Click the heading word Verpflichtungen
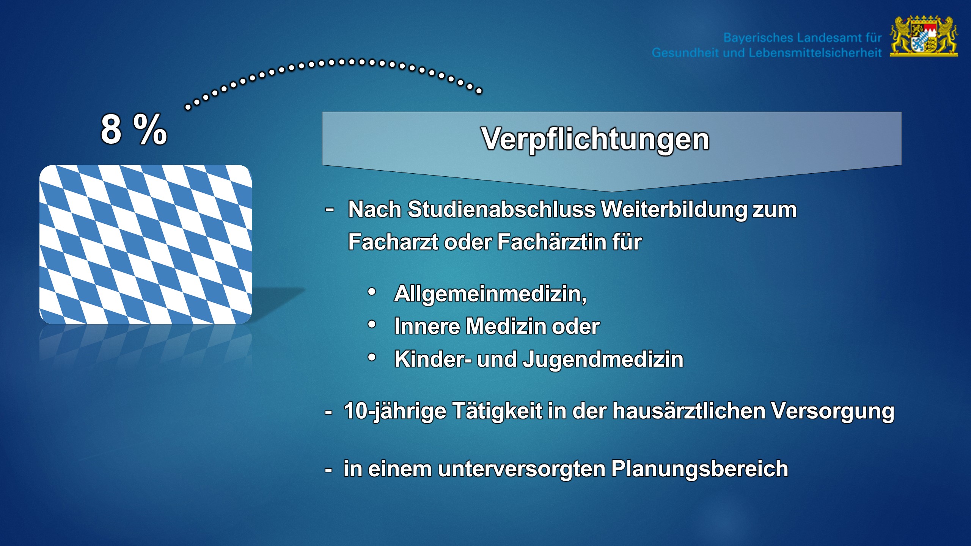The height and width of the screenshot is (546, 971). tap(595, 139)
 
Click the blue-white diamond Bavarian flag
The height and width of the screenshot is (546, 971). tap(146, 245)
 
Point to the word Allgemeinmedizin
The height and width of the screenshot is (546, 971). tap(490, 293)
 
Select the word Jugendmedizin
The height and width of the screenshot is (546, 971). tap(603, 359)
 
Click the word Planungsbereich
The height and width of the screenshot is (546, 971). tap(700, 469)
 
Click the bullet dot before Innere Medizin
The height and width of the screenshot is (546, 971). tap(372, 325)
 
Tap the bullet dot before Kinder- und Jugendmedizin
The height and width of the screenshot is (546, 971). tap(372, 357)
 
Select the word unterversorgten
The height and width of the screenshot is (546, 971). tap(522, 469)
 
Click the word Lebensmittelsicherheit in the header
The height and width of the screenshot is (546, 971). tap(815, 53)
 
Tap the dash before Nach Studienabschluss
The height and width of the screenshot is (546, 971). tap(330, 209)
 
